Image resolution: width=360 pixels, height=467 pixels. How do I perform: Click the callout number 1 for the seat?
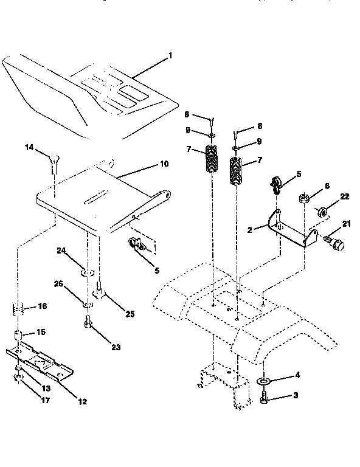click(x=170, y=55)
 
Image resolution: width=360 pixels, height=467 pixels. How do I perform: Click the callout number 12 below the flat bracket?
click(x=82, y=401)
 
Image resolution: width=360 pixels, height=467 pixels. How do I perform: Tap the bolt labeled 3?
click(x=265, y=396)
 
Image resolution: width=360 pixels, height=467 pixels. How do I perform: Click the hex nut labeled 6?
click(x=302, y=198)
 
